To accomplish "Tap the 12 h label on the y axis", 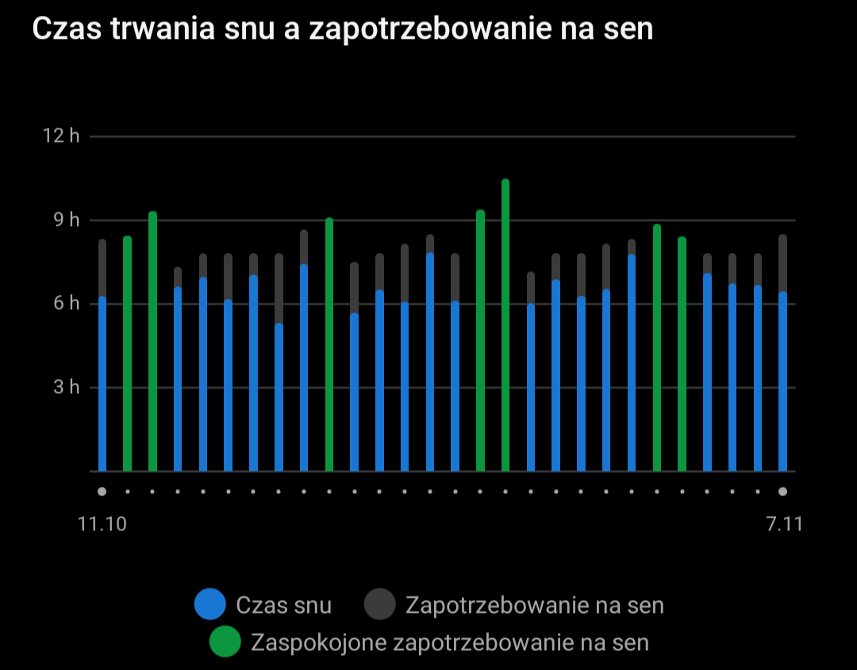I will [x=61, y=136].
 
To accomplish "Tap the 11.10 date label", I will [x=102, y=525].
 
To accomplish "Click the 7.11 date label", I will [x=783, y=525].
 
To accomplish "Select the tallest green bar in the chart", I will [x=505, y=325].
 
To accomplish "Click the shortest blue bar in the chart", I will [x=279, y=396].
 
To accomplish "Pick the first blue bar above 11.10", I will [x=102, y=385].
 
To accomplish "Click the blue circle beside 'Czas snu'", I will [x=210, y=605].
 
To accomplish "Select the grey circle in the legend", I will [x=380, y=605].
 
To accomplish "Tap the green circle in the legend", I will [x=225, y=641].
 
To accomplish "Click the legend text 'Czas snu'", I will [x=283, y=605].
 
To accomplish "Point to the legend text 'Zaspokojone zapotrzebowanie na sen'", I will [x=449, y=641].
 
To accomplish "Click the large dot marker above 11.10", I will [x=102, y=492].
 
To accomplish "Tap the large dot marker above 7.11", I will [x=783, y=492].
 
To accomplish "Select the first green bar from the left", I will [x=127, y=354].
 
